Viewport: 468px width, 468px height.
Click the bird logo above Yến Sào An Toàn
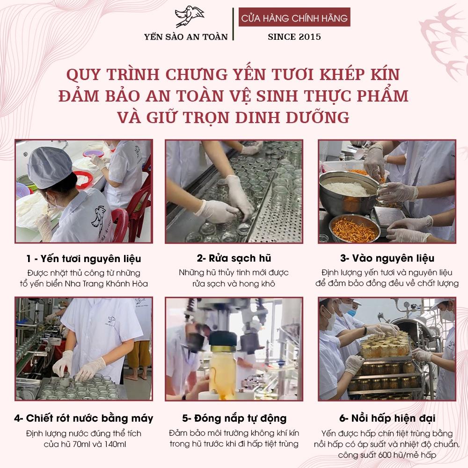point(189,16)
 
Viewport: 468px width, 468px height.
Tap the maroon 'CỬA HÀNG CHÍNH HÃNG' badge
point(294,17)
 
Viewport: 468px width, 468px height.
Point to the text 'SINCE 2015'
point(294,37)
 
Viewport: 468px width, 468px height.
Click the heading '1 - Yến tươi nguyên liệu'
point(84,258)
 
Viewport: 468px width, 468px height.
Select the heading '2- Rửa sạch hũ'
point(234,258)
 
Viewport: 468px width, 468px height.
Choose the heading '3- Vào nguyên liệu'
point(387,258)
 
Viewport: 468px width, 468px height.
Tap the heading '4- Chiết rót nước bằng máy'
point(84,418)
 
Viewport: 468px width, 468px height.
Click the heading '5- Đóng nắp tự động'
point(234,418)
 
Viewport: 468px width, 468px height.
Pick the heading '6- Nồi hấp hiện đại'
point(387,418)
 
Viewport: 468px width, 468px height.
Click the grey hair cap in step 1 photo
point(49,167)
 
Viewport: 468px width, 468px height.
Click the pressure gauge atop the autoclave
point(406,305)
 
